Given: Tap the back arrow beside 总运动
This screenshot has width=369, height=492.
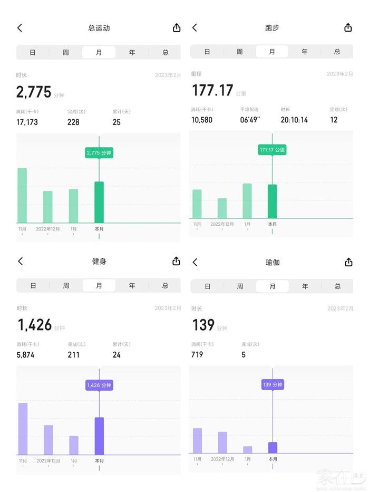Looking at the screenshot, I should [20, 28].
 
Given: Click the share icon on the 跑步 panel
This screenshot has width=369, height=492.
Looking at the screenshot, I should [348, 27].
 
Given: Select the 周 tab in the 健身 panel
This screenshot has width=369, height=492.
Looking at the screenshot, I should [66, 285].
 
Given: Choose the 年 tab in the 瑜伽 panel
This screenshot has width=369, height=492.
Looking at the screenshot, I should [305, 286].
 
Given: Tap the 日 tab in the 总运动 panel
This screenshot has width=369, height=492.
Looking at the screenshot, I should [33, 52].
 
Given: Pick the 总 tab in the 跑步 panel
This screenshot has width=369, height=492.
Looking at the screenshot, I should [337, 52].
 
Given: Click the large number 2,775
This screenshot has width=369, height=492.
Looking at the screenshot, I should [34, 92].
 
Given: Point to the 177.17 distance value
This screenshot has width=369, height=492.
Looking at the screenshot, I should [212, 91].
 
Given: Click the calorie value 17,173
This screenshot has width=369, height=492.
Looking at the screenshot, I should [27, 122].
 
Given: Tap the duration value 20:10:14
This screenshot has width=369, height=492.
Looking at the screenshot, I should [294, 120].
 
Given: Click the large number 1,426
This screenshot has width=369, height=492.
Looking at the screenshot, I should [35, 325].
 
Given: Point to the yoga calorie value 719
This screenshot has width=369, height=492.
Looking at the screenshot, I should [197, 355].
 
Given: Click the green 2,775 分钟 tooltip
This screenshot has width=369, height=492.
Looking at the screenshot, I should [99, 153].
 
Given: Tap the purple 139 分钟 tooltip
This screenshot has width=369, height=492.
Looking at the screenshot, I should [273, 384].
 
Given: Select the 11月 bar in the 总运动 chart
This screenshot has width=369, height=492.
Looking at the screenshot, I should [22, 195].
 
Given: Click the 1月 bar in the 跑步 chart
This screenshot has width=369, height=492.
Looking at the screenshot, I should [247, 200].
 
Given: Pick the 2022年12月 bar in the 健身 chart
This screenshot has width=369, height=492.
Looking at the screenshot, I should [48, 440].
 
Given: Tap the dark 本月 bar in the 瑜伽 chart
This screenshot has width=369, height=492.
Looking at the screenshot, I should [273, 448].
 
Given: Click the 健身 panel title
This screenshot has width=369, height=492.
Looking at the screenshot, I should [99, 261].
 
